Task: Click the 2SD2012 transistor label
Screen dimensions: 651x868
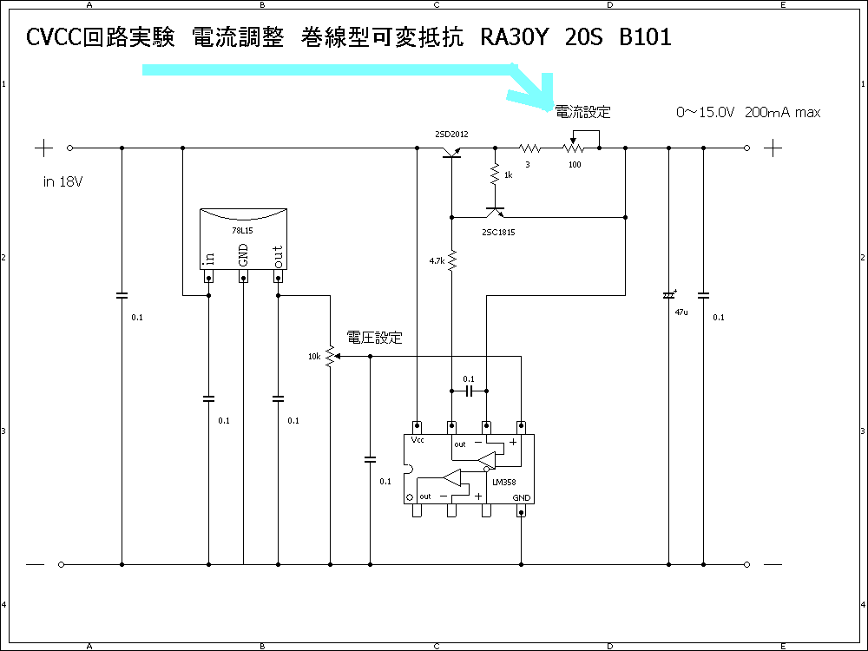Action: (x=451, y=135)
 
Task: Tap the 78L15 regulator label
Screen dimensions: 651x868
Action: (x=243, y=232)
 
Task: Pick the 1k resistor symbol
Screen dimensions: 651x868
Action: (x=495, y=174)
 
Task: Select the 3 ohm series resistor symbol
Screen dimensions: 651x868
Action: (x=529, y=148)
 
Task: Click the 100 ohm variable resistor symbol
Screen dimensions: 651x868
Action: (x=574, y=148)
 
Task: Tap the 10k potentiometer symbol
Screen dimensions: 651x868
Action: (x=330, y=356)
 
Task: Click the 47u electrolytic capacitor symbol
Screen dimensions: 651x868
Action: (x=668, y=295)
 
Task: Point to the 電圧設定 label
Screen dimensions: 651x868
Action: (x=374, y=338)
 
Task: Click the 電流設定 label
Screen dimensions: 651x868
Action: (x=582, y=112)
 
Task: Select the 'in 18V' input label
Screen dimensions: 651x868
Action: (x=62, y=182)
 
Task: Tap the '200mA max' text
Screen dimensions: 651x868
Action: (x=782, y=113)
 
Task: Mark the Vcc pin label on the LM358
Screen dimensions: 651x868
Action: (x=418, y=440)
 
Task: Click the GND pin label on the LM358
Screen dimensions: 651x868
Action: (x=521, y=497)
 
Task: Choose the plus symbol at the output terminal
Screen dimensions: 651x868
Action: (x=773, y=148)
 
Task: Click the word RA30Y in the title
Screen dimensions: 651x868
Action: (x=512, y=38)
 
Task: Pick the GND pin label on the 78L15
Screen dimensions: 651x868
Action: (x=244, y=254)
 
